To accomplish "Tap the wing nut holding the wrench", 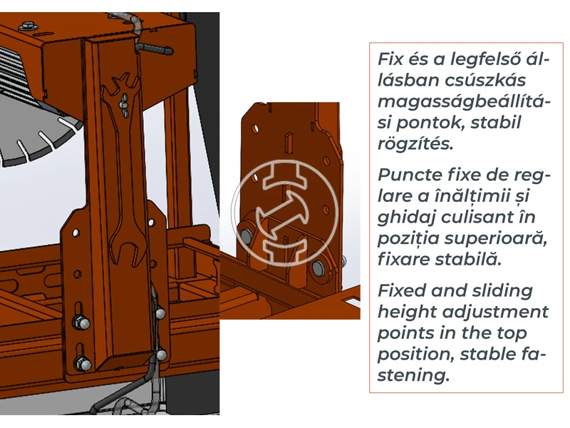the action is coord(123,105).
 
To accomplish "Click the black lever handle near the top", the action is coord(155,48).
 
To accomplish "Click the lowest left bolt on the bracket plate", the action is coord(82,364).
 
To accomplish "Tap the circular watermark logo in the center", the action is coord(284,213).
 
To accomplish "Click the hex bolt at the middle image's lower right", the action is coord(318,268).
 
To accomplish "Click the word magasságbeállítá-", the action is coord(465,101).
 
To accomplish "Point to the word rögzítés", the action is coord(415,143).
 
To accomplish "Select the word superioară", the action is coord(495,239).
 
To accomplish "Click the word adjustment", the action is coord(496,312).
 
